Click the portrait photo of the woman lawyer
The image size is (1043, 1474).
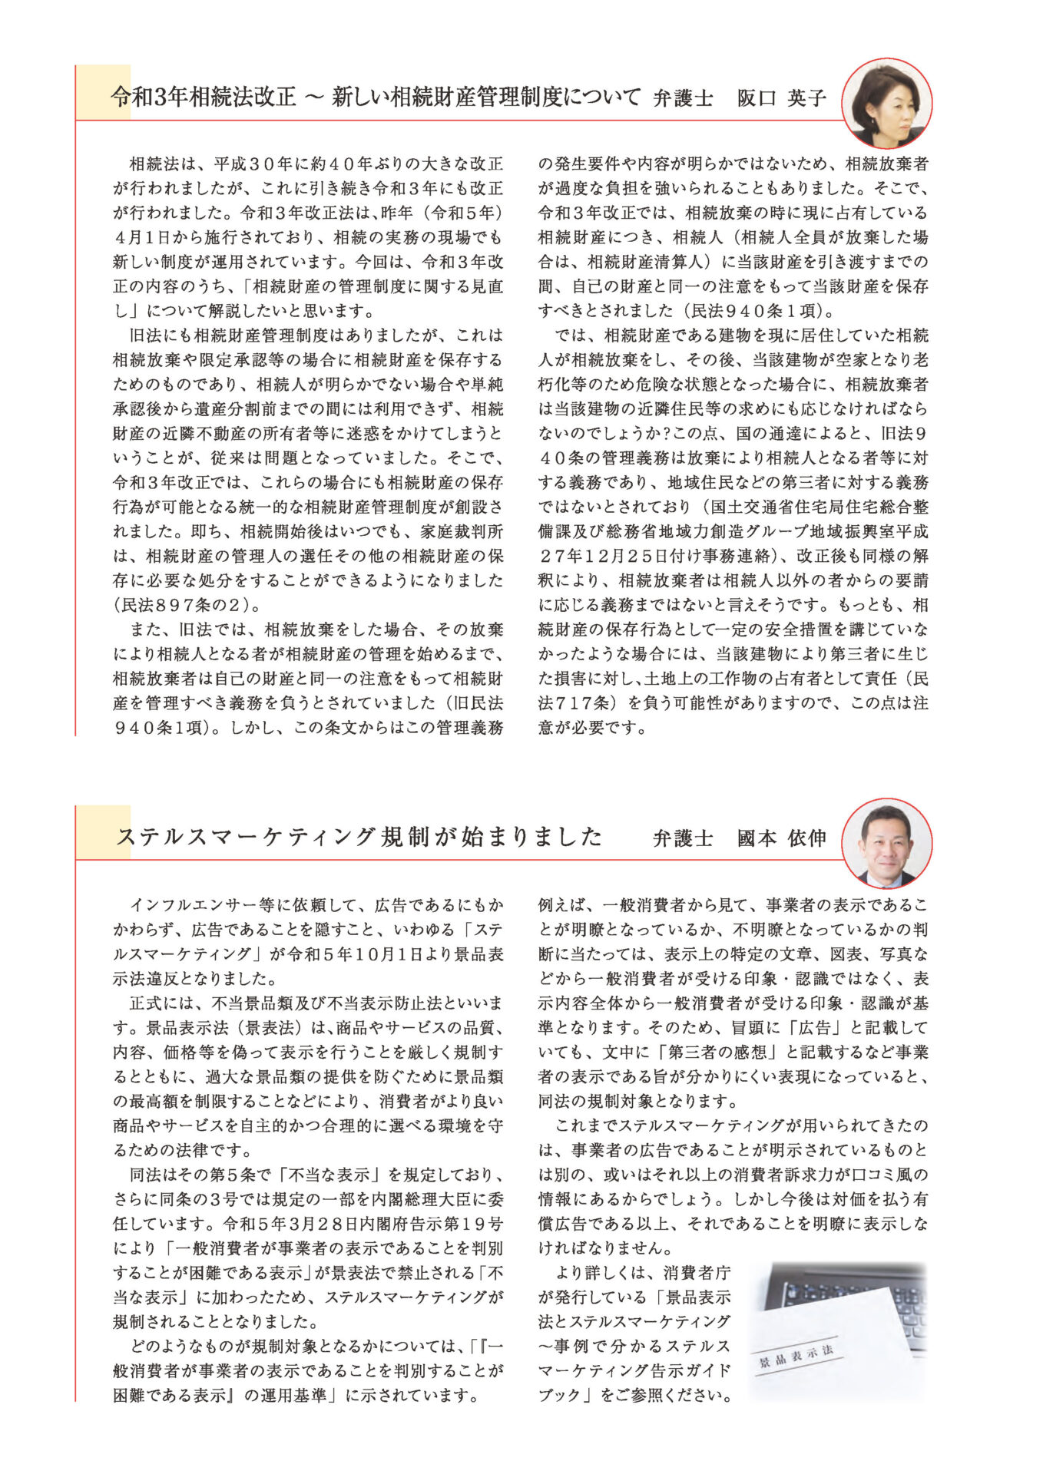886,103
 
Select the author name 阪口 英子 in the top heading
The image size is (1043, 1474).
781,98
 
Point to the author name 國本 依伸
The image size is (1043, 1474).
781,838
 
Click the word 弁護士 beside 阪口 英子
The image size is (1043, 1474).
683,98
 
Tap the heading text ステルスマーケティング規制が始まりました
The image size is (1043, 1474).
359,837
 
